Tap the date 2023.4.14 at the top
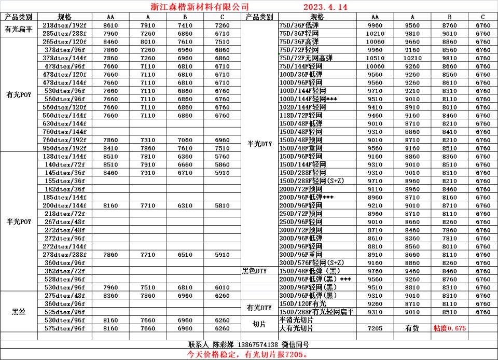click(325, 7)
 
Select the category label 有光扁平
click(19, 29)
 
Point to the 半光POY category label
click(19, 221)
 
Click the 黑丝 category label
click(19, 312)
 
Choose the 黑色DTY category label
click(254, 271)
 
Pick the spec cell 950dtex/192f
click(64, 148)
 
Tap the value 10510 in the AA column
click(375, 58)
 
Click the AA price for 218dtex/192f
click(110, 25)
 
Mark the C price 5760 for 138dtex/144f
click(222, 156)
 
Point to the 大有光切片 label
click(296, 328)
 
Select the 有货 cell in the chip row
click(412, 328)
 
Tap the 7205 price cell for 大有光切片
click(375, 328)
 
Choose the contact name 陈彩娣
click(224, 344)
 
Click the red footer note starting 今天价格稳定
click(248, 354)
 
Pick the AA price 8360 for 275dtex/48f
click(110, 296)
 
